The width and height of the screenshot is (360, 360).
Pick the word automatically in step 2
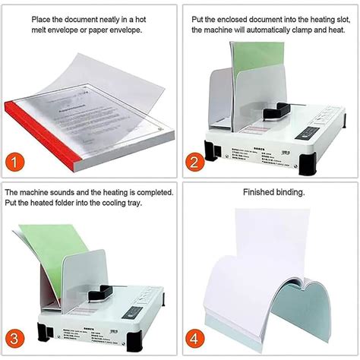pos(273,30)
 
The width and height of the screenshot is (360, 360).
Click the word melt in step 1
pos(62,30)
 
